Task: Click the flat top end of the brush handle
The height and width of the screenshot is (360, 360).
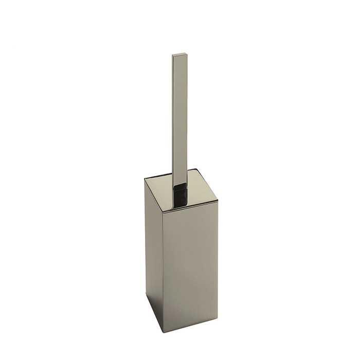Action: [x=178, y=54]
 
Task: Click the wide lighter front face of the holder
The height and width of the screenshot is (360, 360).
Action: [x=183, y=262]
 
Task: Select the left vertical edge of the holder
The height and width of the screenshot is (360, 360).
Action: [x=145, y=237]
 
